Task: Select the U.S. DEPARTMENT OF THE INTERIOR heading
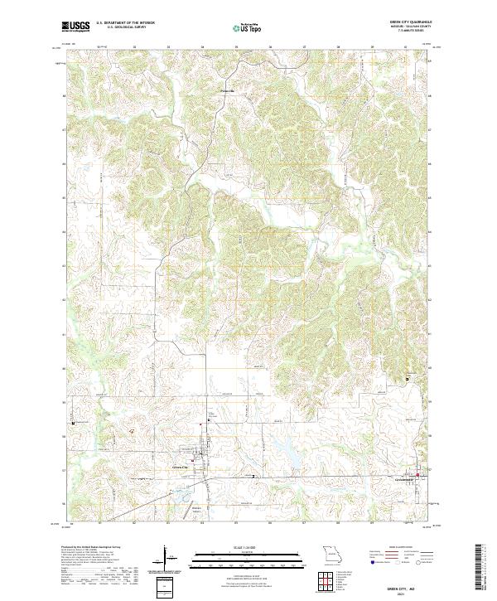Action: tap(125, 23)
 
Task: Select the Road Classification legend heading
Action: tap(403, 549)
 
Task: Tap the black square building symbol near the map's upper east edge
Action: tap(407, 378)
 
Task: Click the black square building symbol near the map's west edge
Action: tap(75, 421)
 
